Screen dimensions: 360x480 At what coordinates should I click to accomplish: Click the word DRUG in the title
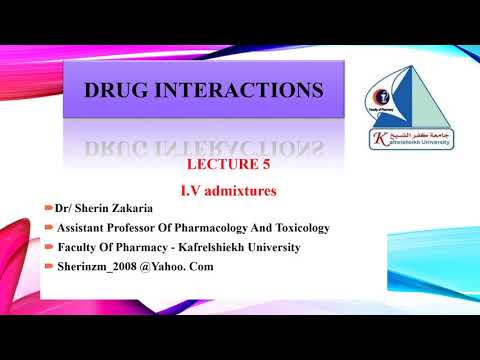122,92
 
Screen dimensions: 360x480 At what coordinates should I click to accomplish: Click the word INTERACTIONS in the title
243,92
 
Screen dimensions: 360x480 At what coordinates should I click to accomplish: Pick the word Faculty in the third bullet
81,248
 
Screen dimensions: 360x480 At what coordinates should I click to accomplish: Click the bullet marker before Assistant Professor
49,227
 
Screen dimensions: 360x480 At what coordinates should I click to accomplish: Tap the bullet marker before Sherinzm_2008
49,267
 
